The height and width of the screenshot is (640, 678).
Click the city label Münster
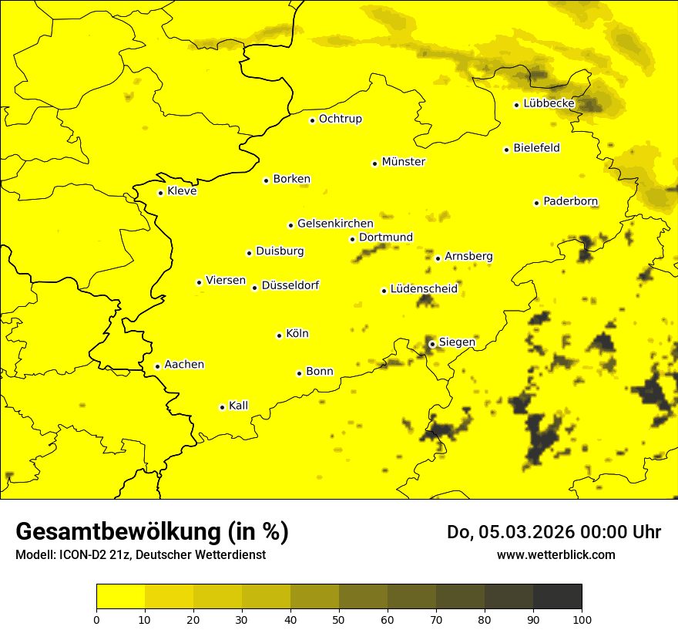[403, 162]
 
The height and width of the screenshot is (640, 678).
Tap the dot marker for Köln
[279, 335]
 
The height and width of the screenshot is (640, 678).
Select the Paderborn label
[570, 201]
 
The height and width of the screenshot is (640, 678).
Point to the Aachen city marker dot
[157, 366]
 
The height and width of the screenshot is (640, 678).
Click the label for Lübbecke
[549, 103]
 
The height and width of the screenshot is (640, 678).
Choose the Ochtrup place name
[340, 119]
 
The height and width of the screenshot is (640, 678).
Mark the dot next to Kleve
[160, 193]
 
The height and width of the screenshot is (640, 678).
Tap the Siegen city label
[457, 342]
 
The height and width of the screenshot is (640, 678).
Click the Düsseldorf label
[290, 285]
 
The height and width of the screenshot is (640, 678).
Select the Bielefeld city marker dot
[506, 150]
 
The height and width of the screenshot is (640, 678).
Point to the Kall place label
[238, 406]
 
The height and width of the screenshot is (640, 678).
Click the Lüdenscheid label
[424, 289]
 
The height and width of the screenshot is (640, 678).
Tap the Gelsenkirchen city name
[335, 224]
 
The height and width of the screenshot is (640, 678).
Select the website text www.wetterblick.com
[555, 554]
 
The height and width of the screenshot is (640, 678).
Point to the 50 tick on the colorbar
[339, 619]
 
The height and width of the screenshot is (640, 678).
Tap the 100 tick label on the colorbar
[582, 619]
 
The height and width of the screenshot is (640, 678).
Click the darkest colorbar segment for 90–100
[557, 597]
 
